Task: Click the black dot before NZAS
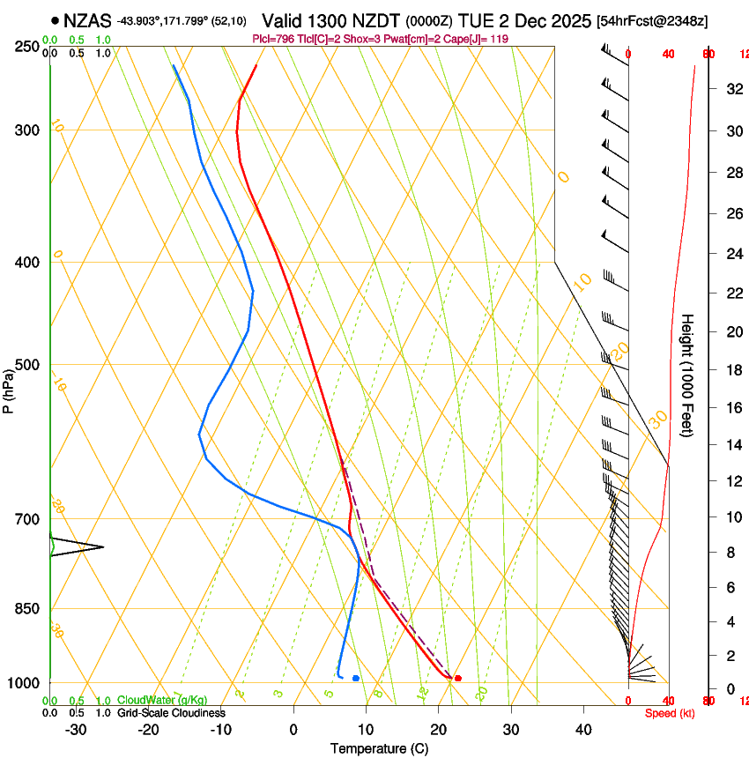56,19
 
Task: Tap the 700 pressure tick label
26,519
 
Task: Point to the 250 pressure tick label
26,46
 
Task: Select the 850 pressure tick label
26,608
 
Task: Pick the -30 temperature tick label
76,729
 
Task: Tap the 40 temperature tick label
583,729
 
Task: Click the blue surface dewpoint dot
355,678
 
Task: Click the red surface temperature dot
457,678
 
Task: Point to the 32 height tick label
731,89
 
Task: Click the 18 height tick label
731,370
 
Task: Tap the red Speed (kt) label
670,713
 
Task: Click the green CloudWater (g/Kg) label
162,701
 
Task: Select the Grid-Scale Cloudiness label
171,713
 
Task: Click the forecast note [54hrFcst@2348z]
651,20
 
